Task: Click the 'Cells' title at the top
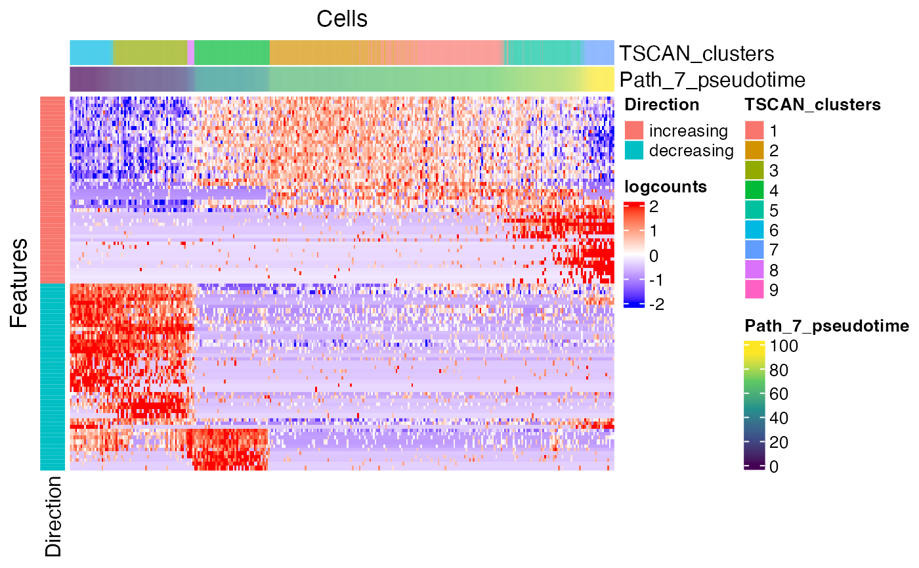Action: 342,18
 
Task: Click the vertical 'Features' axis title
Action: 20,283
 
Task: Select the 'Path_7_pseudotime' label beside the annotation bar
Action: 712,80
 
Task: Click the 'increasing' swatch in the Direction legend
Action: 633,131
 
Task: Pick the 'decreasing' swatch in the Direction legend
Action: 633,150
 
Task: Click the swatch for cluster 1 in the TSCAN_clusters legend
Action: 754,131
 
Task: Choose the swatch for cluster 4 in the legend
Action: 754,190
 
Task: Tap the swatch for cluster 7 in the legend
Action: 754,250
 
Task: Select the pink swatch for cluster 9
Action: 754,290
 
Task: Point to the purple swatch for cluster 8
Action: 754,270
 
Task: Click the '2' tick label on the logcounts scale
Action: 654,207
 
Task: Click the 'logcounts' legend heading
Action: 666,186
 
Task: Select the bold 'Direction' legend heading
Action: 662,104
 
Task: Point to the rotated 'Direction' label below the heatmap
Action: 53,516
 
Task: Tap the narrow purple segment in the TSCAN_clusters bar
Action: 191,53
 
